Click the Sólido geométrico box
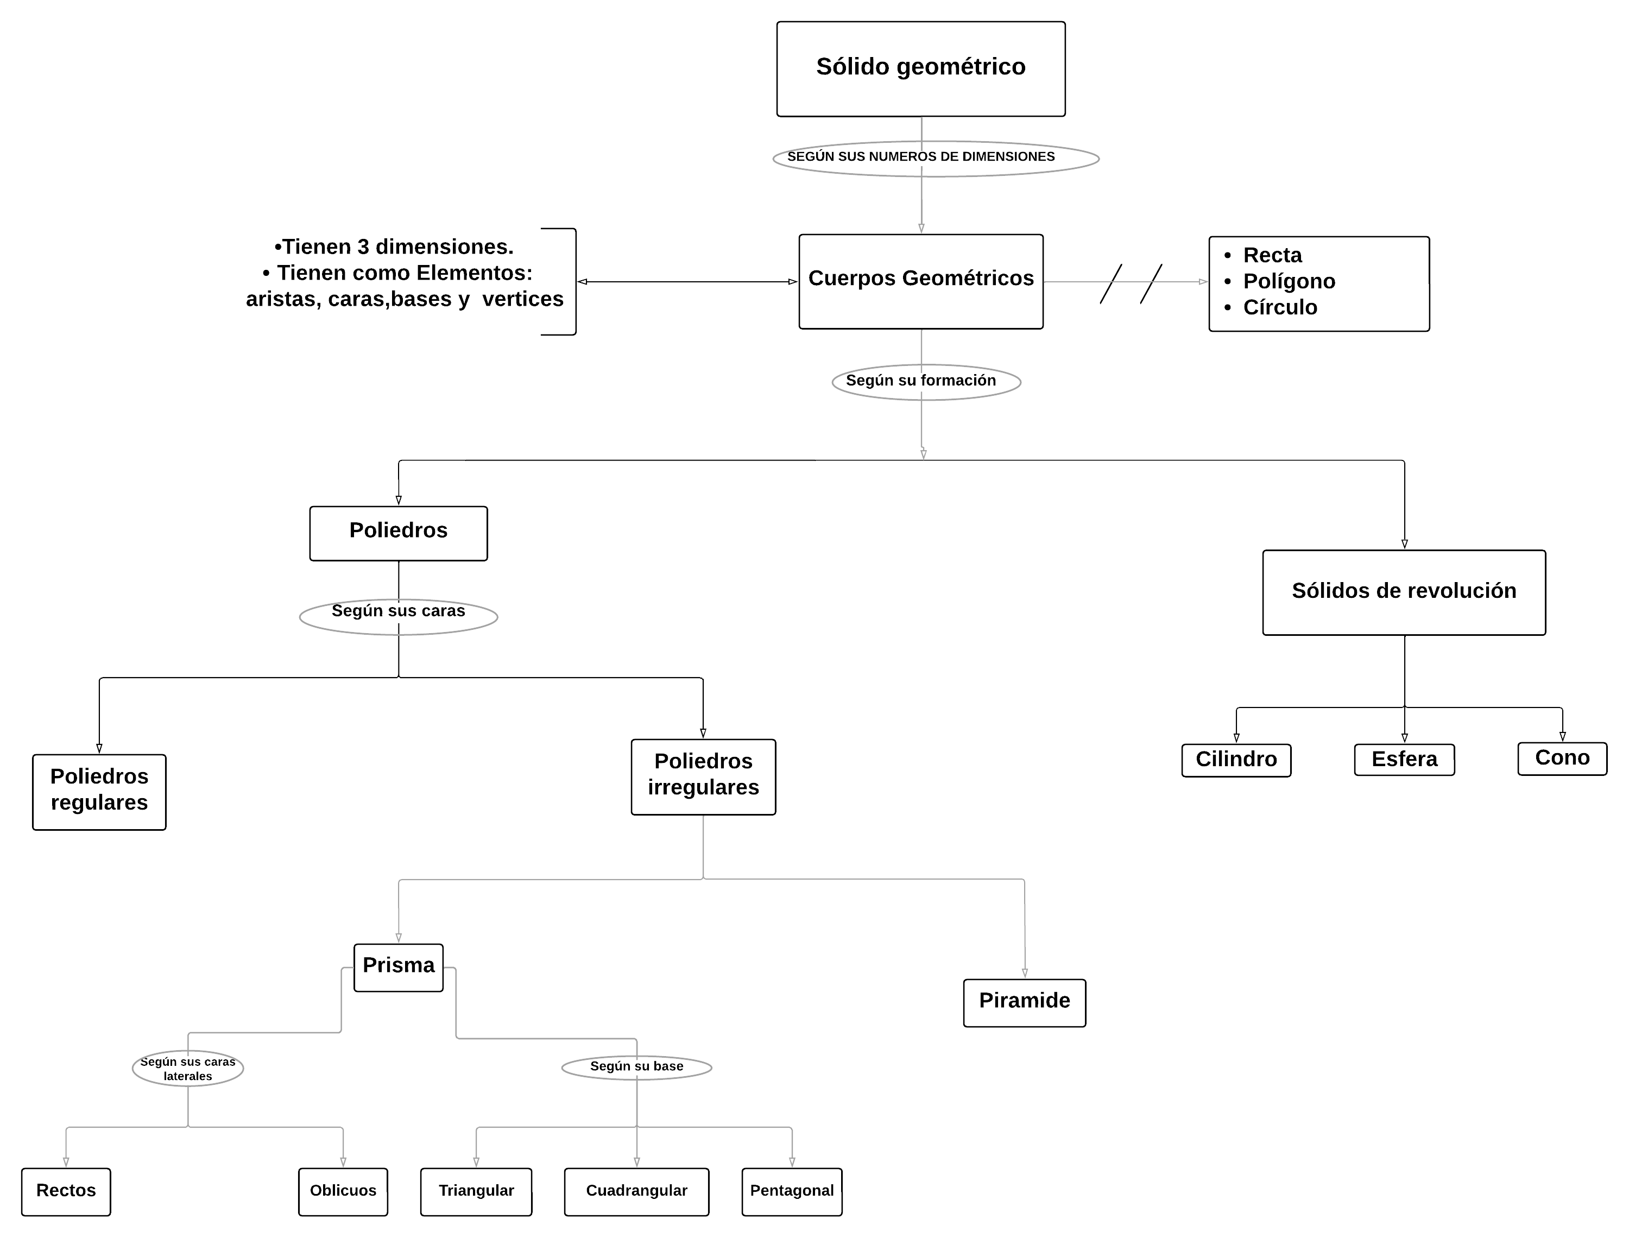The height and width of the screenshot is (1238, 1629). pyautogui.click(x=920, y=68)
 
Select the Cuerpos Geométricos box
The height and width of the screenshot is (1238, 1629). pyautogui.click(x=920, y=281)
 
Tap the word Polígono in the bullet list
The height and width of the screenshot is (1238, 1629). pyautogui.click(x=1289, y=281)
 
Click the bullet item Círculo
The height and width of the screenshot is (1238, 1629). pyautogui.click(x=1280, y=307)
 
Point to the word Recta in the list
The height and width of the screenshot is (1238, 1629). pyautogui.click(x=1272, y=255)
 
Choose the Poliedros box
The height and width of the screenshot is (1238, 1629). pyautogui.click(x=398, y=533)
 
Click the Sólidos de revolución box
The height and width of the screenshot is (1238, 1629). pyautogui.click(x=1404, y=592)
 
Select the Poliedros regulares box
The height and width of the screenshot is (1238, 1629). pyautogui.click(x=99, y=792)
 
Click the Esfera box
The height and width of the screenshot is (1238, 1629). pyautogui.click(x=1404, y=760)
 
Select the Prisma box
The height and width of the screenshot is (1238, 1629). pyautogui.click(x=398, y=967)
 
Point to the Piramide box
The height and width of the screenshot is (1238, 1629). pyautogui.click(x=1024, y=1002)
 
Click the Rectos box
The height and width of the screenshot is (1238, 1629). pyautogui.click(x=66, y=1191)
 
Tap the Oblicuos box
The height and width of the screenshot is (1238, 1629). pyautogui.click(x=343, y=1191)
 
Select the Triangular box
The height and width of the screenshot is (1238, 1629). pyautogui.click(x=476, y=1191)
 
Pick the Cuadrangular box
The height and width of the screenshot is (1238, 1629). pyautogui.click(x=636, y=1191)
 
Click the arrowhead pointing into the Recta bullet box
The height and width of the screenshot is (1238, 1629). pyautogui.click(x=1203, y=281)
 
